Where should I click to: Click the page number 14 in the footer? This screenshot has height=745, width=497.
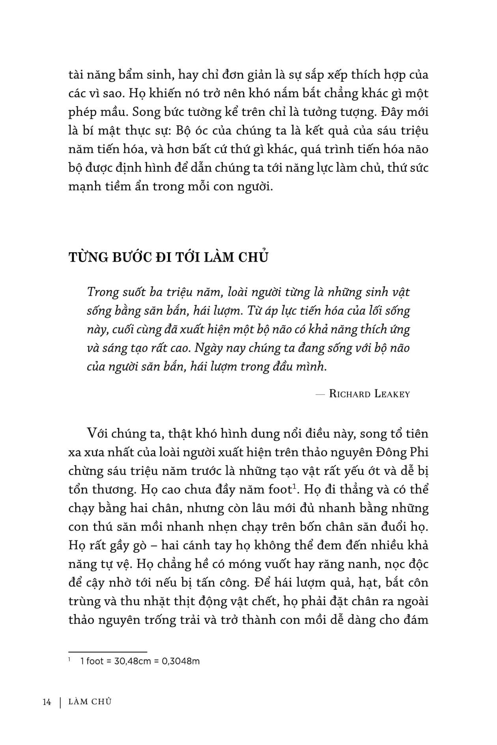[x=47, y=702]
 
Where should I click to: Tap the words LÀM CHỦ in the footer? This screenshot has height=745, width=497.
[x=90, y=702]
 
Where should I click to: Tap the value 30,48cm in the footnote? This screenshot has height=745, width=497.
[x=133, y=661]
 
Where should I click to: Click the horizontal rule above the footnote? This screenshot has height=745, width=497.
[x=107, y=652]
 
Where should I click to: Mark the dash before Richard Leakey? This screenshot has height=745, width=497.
[x=319, y=394]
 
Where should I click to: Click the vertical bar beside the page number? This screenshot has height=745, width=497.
[x=60, y=702]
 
